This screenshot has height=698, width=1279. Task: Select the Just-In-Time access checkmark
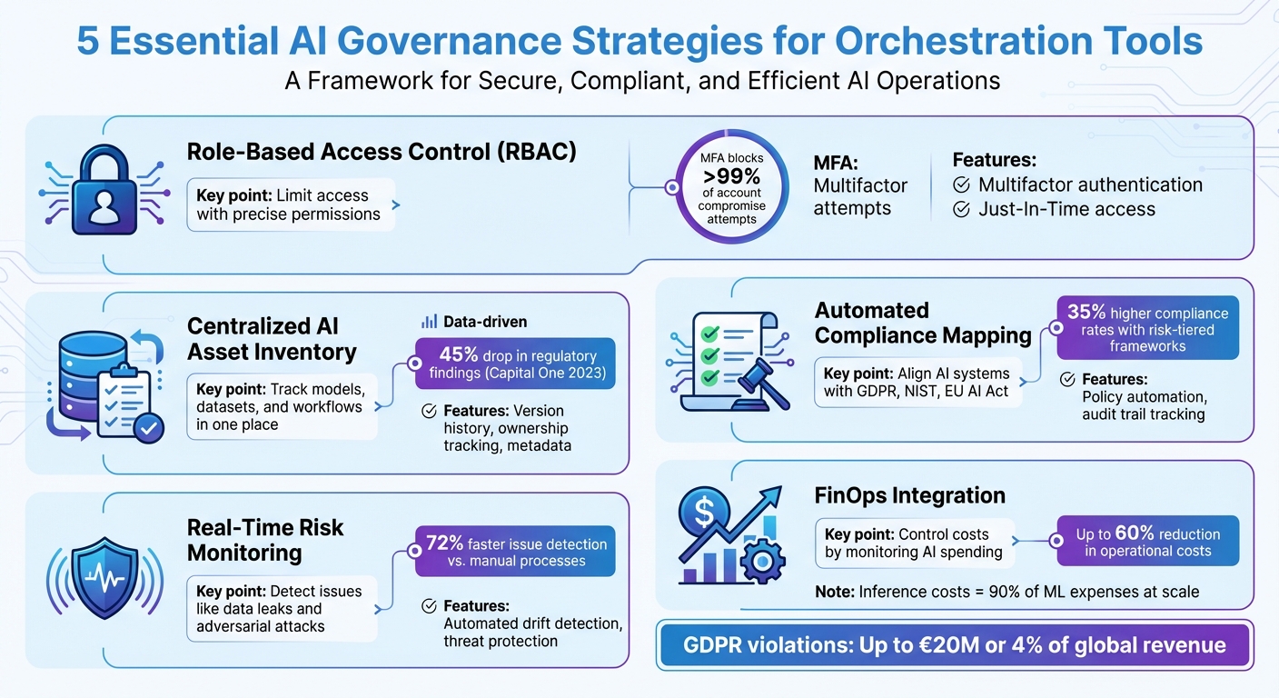pyautogui.click(x=962, y=210)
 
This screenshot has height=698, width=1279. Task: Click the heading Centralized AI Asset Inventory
pyautogui.click(x=272, y=338)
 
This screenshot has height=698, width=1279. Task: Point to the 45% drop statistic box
pyautogui.click(x=515, y=364)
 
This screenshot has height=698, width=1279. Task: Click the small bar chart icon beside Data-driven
pyautogui.click(x=430, y=321)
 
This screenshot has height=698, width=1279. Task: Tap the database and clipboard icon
pyautogui.click(x=102, y=386)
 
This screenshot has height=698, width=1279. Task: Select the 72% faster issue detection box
pyautogui.click(x=515, y=552)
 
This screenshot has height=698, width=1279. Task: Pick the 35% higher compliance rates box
pyautogui.click(x=1147, y=328)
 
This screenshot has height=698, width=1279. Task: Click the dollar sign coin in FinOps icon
pyautogui.click(x=704, y=513)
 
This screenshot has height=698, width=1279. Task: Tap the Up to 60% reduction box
pyautogui.click(x=1147, y=543)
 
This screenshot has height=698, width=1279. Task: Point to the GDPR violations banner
pyautogui.click(x=954, y=645)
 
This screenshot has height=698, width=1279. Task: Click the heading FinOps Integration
pyautogui.click(x=909, y=495)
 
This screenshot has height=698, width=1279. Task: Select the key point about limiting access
pyautogui.click(x=291, y=204)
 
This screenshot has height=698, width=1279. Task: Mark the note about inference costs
pyautogui.click(x=1006, y=592)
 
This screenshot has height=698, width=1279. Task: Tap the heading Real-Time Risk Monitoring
pyautogui.click(x=265, y=540)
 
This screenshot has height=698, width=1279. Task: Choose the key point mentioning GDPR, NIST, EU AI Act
pyautogui.click(x=917, y=384)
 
